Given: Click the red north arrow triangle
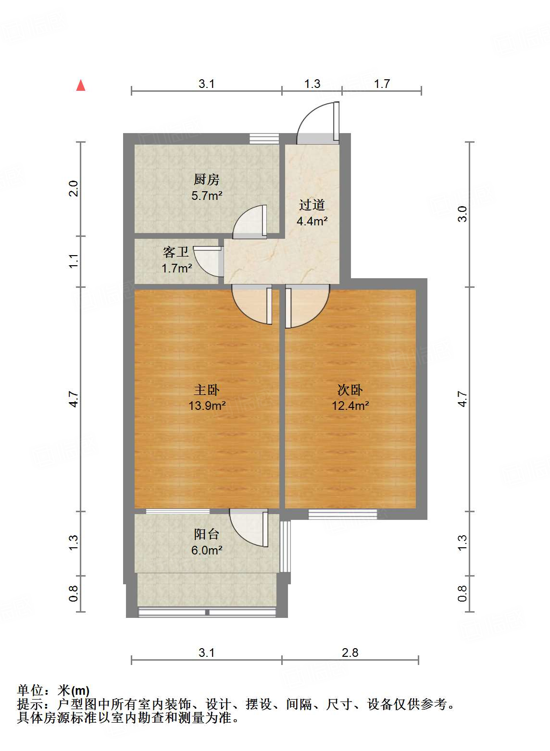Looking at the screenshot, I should pyautogui.click(x=81, y=86).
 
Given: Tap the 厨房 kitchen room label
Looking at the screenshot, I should pyautogui.click(x=206, y=180).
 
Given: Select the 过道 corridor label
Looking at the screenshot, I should pyautogui.click(x=312, y=205).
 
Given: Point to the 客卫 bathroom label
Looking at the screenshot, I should pyautogui.click(x=175, y=252).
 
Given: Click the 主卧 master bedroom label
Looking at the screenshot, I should pyautogui.click(x=207, y=390).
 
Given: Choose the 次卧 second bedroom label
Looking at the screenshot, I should pyautogui.click(x=350, y=390).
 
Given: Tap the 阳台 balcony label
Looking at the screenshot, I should pyautogui.click(x=207, y=534).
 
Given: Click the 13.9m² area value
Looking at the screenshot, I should pyautogui.click(x=207, y=406).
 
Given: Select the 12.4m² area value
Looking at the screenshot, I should pyautogui.click(x=350, y=406).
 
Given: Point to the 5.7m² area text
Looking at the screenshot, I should pyautogui.click(x=207, y=196).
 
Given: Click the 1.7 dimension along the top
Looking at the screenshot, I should pyautogui.click(x=382, y=84).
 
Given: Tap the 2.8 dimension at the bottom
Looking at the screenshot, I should pyautogui.click(x=350, y=653).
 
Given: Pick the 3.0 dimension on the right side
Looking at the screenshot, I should pyautogui.click(x=462, y=214).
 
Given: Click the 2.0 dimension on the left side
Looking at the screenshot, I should pyautogui.click(x=73, y=188).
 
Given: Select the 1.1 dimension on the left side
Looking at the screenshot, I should pyautogui.click(x=73, y=261).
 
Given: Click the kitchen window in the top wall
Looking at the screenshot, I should pyautogui.click(x=264, y=138).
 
